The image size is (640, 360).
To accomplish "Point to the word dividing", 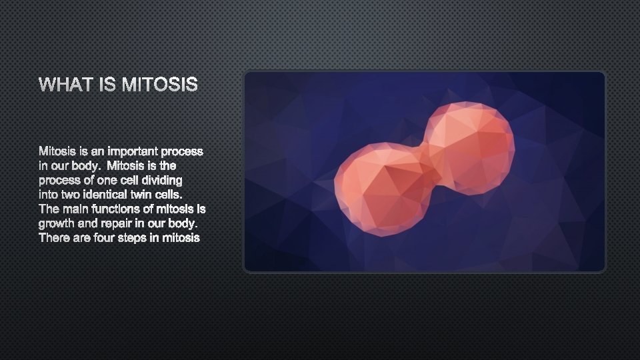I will coord(160,180).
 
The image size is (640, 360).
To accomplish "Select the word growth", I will coord(55,223).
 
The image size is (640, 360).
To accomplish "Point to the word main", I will coord(74,209).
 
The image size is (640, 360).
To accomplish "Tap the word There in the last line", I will coord(53,237).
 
